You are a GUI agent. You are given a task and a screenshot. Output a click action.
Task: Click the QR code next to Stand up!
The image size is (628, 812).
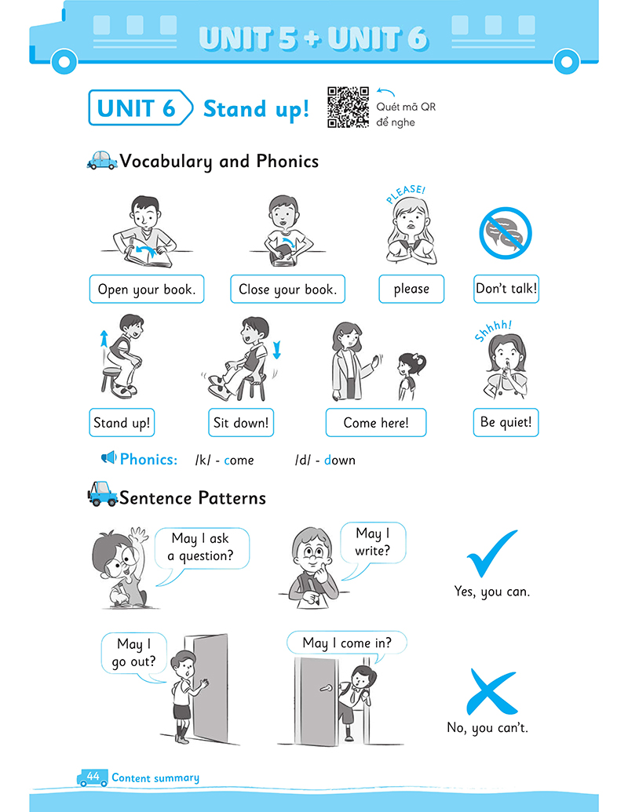[348, 107]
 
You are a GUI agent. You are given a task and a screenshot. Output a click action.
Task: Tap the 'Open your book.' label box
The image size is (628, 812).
[147, 289]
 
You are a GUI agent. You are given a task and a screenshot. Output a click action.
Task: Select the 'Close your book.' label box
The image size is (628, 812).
[287, 289]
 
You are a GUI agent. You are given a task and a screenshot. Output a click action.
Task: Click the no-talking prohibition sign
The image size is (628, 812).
[506, 233]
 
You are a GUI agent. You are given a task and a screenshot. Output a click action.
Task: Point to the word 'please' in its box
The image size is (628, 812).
[411, 289]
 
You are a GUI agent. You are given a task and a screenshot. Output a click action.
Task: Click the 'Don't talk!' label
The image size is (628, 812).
[506, 289]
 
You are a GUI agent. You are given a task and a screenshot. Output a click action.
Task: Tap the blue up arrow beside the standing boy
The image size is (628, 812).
[104, 339]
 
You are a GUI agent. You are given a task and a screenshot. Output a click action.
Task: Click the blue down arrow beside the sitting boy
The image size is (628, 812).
[276, 350]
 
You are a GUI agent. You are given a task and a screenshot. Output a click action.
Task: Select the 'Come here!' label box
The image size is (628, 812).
[376, 423]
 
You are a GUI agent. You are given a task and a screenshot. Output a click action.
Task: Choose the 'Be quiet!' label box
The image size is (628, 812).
[506, 422]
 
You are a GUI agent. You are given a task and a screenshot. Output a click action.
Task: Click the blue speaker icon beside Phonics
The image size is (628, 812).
[108, 457]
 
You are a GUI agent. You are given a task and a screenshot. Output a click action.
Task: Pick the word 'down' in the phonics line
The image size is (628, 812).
[339, 460]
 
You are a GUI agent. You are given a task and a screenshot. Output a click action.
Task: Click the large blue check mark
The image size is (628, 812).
[491, 553]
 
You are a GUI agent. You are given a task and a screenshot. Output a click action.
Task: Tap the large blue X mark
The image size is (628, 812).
[491, 691]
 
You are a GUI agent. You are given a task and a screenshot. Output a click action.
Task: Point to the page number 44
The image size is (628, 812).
[93, 776]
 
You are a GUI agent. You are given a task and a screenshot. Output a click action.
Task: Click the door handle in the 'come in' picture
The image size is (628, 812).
[326, 688]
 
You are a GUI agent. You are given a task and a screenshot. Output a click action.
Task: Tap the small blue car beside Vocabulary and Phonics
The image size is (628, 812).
[102, 161]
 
